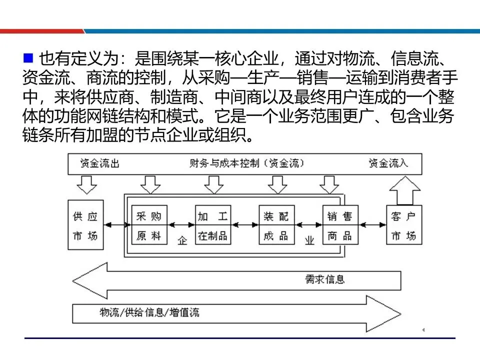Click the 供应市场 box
tap(85, 225)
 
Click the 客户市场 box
tap(403, 225)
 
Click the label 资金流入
tap(388, 163)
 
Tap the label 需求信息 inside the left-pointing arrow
tap(325, 278)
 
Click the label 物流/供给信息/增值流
tap(149, 312)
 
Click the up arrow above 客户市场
tap(404, 189)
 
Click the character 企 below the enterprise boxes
tap(182, 240)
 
